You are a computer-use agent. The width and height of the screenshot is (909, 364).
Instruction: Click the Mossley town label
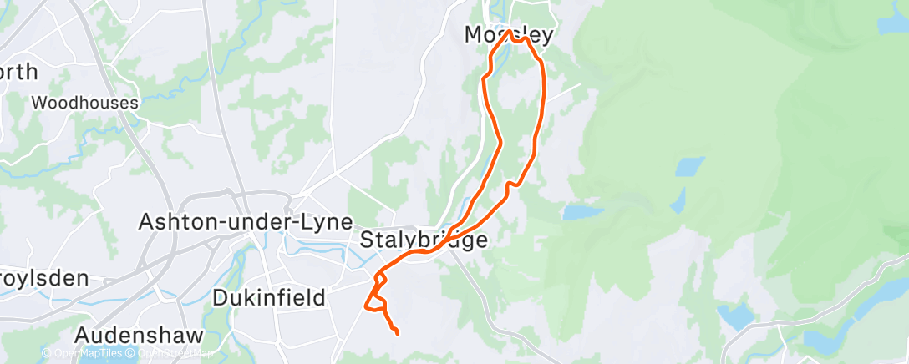pos(509,35)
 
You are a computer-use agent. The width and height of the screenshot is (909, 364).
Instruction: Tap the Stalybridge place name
pos(424,240)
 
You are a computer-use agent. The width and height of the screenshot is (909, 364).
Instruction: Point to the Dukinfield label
pos(268,297)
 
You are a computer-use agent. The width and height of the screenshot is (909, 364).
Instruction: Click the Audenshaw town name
pos(139,335)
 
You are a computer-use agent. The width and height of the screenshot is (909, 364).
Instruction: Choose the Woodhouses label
pos(84,103)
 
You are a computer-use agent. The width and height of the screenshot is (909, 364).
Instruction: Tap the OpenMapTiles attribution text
pos(87,354)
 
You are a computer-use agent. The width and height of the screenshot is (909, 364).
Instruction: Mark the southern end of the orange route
pos(396,334)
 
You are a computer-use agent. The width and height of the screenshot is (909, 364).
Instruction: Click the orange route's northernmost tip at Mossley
pos(508,32)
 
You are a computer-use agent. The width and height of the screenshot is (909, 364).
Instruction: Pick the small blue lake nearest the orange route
pos(583,213)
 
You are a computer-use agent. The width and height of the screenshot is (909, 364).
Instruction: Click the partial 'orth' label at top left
pos(18,72)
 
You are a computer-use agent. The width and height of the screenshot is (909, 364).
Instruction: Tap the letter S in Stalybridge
pos(368,240)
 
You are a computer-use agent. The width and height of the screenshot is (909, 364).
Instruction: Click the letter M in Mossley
pos(474,35)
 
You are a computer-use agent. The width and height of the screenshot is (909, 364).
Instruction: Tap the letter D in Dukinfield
pos(221,297)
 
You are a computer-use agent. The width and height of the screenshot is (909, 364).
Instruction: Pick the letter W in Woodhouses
pos(38,103)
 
